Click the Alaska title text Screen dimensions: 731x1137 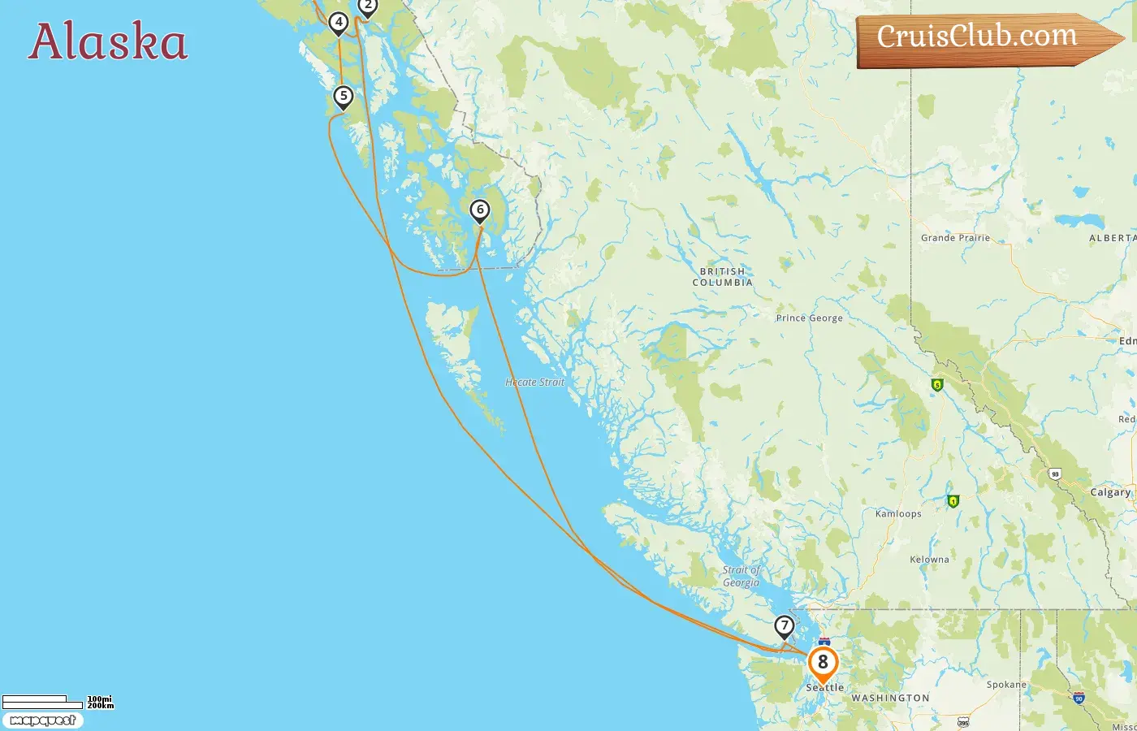[x=108, y=42]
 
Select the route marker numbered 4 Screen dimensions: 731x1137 [x=339, y=23]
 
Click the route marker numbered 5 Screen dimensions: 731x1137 [x=344, y=97]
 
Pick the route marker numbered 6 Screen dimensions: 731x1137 [x=480, y=210]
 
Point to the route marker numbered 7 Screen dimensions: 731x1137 [x=784, y=626]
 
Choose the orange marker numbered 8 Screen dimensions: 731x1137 [x=823, y=662]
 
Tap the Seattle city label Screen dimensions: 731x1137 [x=825, y=688]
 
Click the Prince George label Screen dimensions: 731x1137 [x=809, y=318]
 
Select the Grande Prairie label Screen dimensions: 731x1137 [x=955, y=238]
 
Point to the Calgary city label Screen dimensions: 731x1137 [x=1110, y=492]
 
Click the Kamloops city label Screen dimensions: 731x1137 [x=898, y=513]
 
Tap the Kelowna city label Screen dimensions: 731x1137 [x=929, y=560]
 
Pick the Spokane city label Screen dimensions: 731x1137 [x=1006, y=685]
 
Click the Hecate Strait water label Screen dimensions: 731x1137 [x=534, y=382]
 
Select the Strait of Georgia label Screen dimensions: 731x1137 [x=741, y=576]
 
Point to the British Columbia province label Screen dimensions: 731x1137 [x=722, y=277]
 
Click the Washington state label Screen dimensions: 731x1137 [x=890, y=699]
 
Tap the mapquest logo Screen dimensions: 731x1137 [x=42, y=720]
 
